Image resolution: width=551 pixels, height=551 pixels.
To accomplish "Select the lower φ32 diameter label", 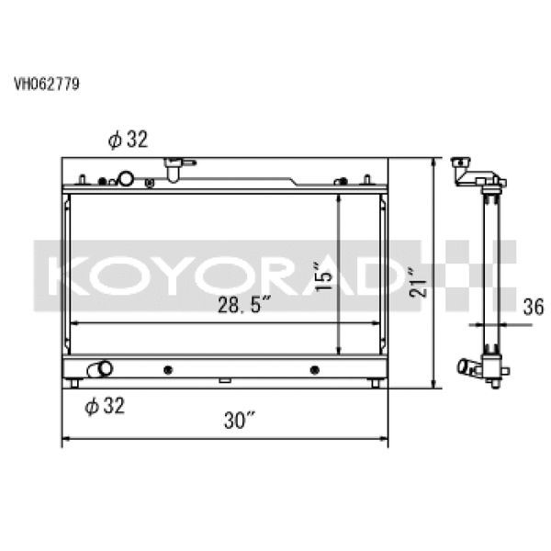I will click(x=104, y=404).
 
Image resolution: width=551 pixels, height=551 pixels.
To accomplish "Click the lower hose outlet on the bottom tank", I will click(x=99, y=370).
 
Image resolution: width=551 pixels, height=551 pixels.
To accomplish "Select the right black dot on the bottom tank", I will click(x=315, y=370).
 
